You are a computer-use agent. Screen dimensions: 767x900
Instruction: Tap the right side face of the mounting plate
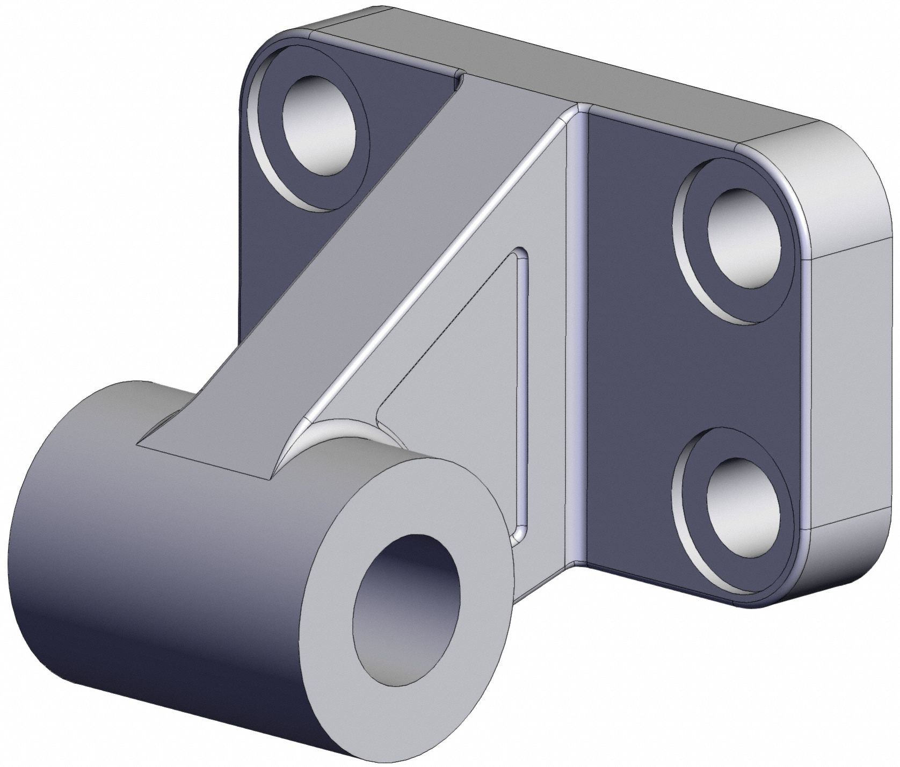pos(854,376)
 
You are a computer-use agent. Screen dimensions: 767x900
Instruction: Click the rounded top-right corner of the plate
pos(838,156)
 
